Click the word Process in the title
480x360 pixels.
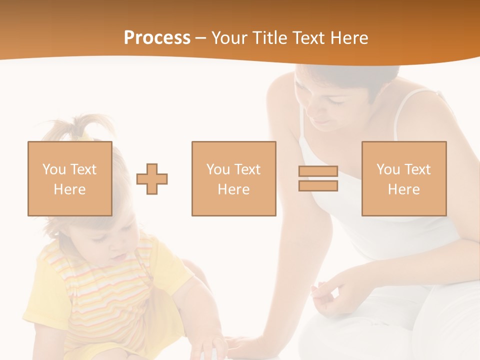(157, 38)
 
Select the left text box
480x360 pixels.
(70, 178)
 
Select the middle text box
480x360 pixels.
(233, 178)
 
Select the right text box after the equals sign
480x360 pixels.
(403, 178)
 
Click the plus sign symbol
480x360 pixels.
(152, 179)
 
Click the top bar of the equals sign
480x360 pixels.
(318, 171)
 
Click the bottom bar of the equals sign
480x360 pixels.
(318, 186)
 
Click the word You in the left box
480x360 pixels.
(53, 169)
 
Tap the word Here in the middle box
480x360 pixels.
(233, 189)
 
